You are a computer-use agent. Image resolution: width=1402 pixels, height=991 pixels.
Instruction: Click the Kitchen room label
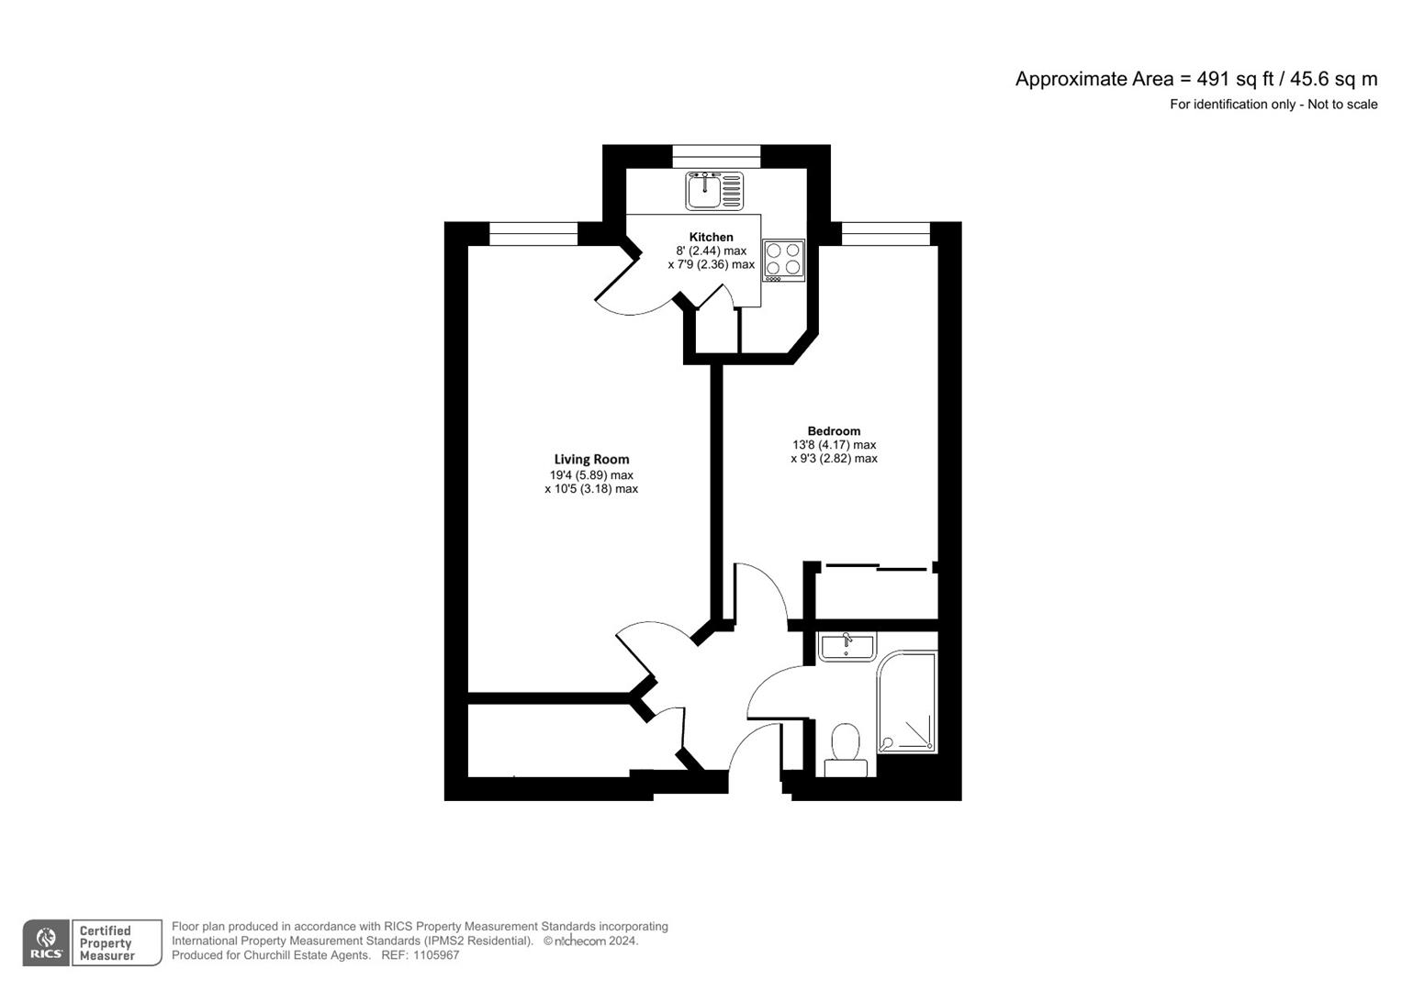711,237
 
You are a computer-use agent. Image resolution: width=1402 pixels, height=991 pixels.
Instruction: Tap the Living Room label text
591,460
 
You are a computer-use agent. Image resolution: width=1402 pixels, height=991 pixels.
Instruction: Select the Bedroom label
834,431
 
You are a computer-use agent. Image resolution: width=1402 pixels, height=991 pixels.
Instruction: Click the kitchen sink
714,190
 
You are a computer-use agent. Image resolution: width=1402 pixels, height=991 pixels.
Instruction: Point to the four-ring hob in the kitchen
783,260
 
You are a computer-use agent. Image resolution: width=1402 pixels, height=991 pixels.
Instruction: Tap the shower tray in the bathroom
907,703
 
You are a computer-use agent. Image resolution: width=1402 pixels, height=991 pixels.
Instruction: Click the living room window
533,234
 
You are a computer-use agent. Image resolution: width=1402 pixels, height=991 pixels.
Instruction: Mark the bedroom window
885,234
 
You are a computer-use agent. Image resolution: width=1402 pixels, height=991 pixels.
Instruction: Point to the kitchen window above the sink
716,157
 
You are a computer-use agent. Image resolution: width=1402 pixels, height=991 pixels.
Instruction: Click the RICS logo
46,942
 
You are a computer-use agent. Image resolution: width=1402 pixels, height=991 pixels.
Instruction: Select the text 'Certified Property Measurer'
107,943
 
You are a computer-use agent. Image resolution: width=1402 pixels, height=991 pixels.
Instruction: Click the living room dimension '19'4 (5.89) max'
591,475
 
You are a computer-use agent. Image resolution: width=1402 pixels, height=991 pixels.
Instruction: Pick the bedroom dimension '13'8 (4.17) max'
834,445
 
